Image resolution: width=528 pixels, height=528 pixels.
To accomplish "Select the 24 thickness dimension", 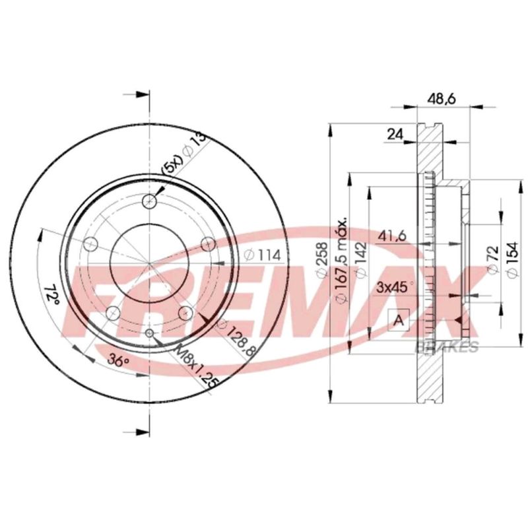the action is (395, 135).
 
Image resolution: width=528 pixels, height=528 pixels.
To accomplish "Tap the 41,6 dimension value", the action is (392, 236).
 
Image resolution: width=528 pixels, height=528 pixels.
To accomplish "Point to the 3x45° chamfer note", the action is (395, 287).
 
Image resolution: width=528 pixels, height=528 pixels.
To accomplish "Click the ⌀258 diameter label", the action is (321, 259).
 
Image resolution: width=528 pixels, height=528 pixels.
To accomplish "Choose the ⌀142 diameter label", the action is (361, 260).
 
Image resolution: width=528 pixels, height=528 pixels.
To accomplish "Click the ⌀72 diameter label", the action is (493, 259).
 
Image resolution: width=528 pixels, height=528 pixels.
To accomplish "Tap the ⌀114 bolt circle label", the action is (262, 255).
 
